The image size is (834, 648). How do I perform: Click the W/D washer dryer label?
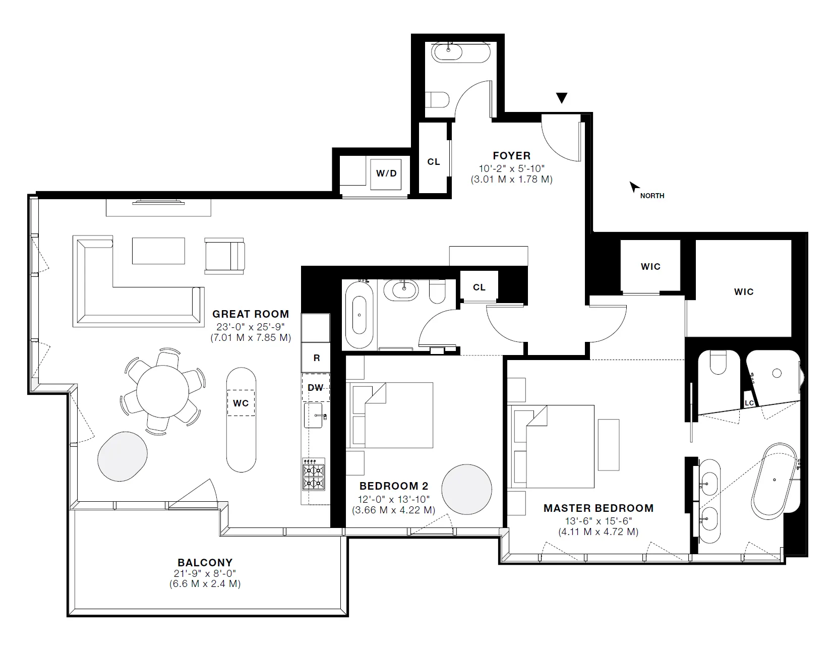click(386, 173)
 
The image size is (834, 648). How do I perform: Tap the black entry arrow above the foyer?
click(561, 98)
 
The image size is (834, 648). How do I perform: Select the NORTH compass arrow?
click(633, 188)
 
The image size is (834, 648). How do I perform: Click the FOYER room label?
click(511, 156)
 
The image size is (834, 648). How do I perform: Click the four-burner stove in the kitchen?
click(314, 474)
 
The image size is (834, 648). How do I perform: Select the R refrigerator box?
click(316, 358)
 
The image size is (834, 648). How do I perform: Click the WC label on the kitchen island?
click(241, 403)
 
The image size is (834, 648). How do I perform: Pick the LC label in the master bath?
click(749, 403)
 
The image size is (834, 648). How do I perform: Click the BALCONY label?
click(205, 562)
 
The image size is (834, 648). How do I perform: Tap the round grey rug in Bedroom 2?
click(466, 489)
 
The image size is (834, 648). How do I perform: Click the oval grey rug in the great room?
click(123, 456)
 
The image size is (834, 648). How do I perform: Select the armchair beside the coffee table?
click(224, 257)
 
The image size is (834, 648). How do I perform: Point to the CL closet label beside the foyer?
click(433, 162)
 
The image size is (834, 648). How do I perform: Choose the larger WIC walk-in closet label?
click(743, 291)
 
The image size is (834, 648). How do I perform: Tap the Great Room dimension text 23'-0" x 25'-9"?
click(250, 326)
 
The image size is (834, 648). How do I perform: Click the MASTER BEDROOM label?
click(598, 508)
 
